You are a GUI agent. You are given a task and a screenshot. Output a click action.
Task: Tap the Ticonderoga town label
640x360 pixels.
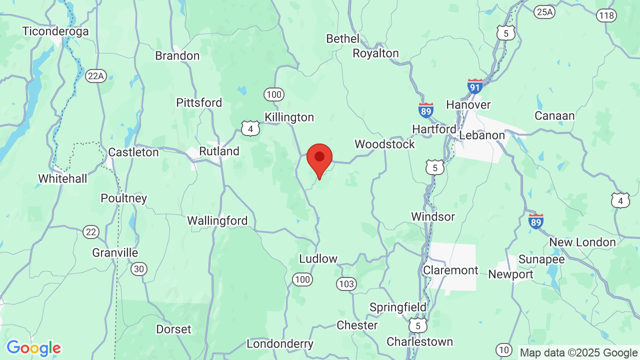pos(55,31)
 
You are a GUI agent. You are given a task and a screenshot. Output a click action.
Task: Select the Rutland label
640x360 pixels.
pos(219,151)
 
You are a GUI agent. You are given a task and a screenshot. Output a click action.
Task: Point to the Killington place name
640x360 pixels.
pos(289,117)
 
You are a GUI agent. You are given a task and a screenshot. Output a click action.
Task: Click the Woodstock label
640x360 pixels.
pos(384,144)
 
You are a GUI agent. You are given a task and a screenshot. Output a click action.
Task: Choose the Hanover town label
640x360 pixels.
pos(468,105)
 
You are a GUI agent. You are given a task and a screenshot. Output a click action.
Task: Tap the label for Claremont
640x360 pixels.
pos(450,270)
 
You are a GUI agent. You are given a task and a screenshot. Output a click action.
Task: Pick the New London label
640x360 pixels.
pos(582,242)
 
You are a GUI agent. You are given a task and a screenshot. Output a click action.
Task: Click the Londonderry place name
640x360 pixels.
pos(280,344)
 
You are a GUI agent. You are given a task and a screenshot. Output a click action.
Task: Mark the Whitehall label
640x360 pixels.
pos(62,178)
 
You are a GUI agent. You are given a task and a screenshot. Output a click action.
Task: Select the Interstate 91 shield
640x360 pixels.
pos(475,86)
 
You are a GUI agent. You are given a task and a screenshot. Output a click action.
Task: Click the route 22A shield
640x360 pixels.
pos(95,76)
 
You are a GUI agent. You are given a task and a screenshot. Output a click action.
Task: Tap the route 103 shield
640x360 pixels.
pos(346,284)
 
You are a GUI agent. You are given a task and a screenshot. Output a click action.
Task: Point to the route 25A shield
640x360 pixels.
pos(544,12)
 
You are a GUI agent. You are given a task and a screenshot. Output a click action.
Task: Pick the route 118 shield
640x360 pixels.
pos(605,15)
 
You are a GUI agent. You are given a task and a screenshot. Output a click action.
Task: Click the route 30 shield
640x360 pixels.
pos(139,269)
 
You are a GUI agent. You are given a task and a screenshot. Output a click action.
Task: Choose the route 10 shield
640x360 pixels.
pos(503,349)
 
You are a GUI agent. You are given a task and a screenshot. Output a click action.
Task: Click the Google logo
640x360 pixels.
pos(33,347)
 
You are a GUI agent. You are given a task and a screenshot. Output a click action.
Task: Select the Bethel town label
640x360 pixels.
pos(342,38)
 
